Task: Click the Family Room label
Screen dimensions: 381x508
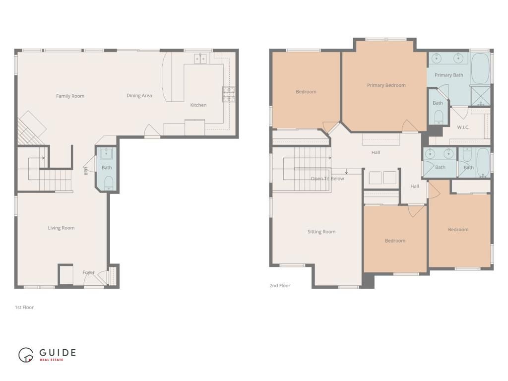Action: pos(70,96)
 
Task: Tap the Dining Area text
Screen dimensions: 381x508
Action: pos(139,96)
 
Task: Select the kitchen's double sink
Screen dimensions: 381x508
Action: pos(200,59)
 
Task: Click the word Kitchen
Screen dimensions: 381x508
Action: pos(198,105)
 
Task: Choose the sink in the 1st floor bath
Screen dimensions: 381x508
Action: pos(107,153)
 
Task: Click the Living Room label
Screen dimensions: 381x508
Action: pos(61,228)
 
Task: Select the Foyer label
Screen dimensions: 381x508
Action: pos(88,272)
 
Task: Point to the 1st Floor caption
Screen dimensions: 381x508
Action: pos(24,308)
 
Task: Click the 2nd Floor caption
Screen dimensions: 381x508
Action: pos(280,286)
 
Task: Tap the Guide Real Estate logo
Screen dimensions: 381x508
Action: pos(47,354)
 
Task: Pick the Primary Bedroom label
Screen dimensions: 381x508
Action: pos(386,85)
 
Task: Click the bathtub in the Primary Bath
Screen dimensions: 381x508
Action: pos(480,69)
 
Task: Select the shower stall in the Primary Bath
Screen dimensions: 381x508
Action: pos(480,96)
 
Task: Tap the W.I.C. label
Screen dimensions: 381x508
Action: pos(463,127)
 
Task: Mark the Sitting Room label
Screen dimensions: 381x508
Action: pos(321,232)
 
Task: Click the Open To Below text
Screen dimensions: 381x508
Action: pos(327,179)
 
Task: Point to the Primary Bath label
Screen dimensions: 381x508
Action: pos(448,75)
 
